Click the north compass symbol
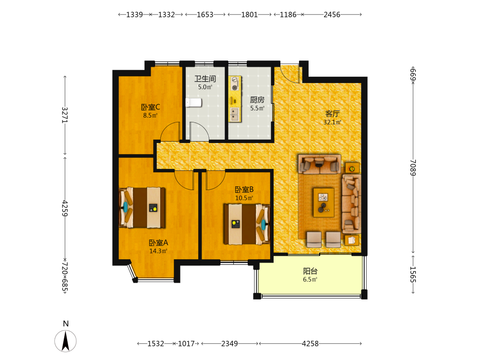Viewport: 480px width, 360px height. [65, 341]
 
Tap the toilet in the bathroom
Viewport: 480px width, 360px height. [193, 103]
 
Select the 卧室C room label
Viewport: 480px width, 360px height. [150, 107]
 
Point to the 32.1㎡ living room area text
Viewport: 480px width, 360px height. [333, 122]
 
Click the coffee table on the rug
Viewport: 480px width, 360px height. [324, 203]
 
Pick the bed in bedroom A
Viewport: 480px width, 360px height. [142, 207]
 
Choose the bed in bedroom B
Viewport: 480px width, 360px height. [247, 224]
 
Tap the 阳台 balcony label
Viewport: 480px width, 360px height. [310, 271]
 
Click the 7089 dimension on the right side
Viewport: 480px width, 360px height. [413, 168]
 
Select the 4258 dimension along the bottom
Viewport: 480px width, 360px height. [310, 344]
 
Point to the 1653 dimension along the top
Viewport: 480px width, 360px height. [205, 15]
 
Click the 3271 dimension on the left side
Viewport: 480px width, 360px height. [65, 115]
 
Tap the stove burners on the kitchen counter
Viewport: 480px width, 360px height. [235, 84]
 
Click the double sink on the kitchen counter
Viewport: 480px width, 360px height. [235, 114]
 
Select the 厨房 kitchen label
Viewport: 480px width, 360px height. [257, 100]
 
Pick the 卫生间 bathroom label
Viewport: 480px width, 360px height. [205, 79]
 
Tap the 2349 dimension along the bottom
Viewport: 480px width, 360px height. [229, 344]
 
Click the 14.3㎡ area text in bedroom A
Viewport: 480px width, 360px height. [158, 251]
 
